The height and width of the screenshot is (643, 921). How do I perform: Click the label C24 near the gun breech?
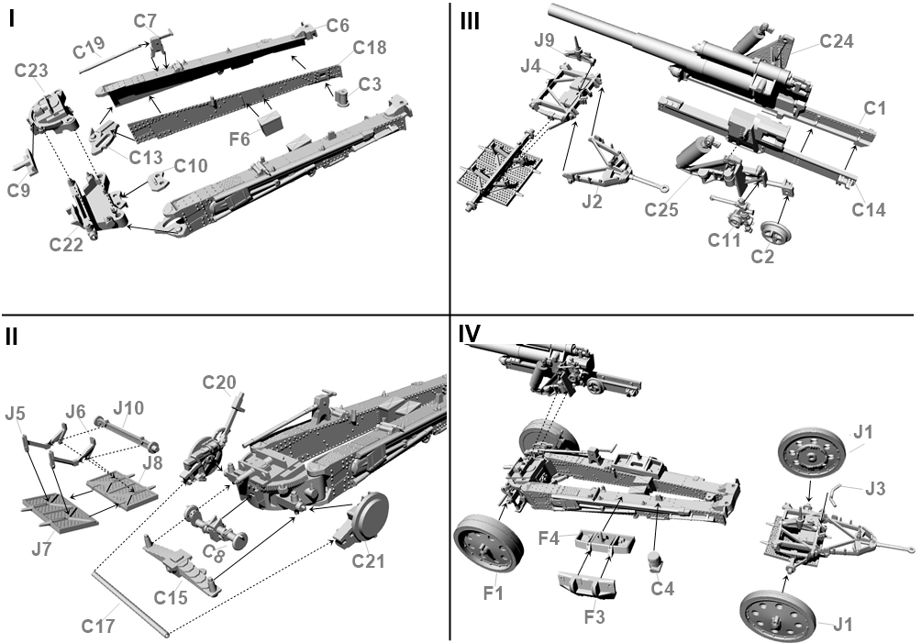(x=837, y=40)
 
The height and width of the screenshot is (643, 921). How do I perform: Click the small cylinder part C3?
(x=343, y=95)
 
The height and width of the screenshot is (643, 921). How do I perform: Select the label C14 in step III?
(x=868, y=210)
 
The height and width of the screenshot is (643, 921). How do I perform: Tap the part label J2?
(x=593, y=201)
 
